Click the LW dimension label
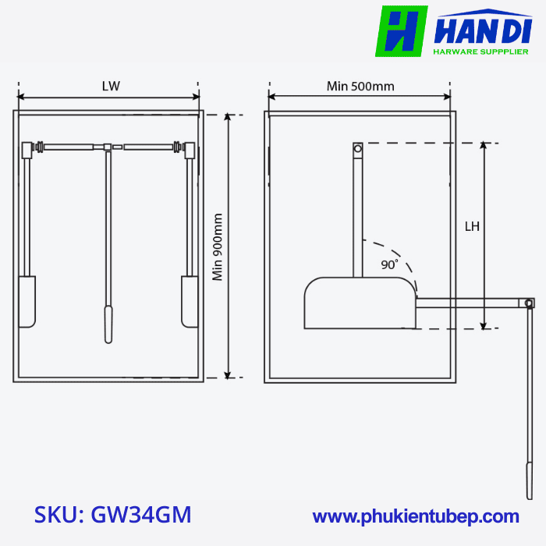pyautogui.click(x=111, y=86)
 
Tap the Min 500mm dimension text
pyautogui.click(x=360, y=86)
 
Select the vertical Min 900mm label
pyautogui.click(x=218, y=246)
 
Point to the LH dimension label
pyautogui.click(x=472, y=227)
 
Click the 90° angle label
pyautogui.click(x=389, y=264)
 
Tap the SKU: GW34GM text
pyautogui.click(x=113, y=516)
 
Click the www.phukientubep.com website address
pyautogui.click(x=416, y=516)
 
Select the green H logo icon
pyautogui.click(x=401, y=31)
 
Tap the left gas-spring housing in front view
pyautogui.click(x=27, y=301)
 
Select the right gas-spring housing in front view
pyautogui.click(x=190, y=301)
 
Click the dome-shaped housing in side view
pyautogui.click(x=359, y=303)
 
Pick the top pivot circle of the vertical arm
pyautogui.click(x=358, y=147)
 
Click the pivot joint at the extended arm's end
pyautogui.click(x=529, y=303)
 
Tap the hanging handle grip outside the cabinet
pyautogui.click(x=530, y=480)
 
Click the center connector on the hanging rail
pyautogui.click(x=108, y=146)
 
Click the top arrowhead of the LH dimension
pyautogui.click(x=484, y=145)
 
